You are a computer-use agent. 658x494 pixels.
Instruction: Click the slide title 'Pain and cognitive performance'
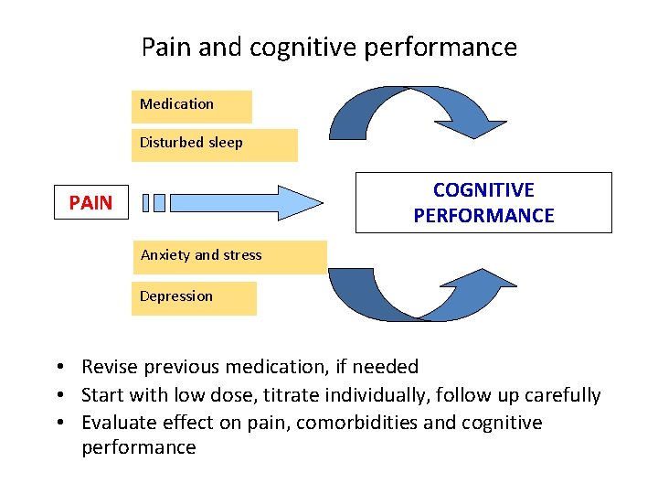click(329, 47)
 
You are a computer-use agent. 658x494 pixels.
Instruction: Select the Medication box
click(191, 106)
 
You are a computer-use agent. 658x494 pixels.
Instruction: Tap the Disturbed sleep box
click(214, 145)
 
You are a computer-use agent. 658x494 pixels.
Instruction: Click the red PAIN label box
click(90, 203)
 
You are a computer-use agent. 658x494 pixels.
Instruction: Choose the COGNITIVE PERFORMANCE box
click(483, 203)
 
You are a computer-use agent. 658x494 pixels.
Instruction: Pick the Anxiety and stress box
click(228, 257)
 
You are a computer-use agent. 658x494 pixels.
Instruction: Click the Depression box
click(194, 298)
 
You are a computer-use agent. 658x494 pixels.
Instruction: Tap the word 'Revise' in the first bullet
click(108, 367)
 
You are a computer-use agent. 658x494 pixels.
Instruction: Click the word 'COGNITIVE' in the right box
click(483, 190)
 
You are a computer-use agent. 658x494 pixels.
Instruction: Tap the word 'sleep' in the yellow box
click(225, 143)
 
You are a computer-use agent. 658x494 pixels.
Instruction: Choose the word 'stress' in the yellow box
click(240, 255)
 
